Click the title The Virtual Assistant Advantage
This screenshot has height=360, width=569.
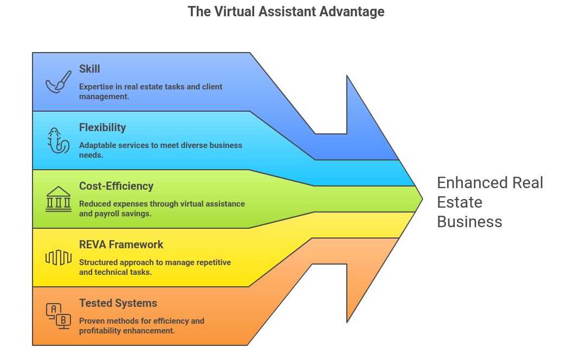pos(286,11)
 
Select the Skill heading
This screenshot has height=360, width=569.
pos(89,69)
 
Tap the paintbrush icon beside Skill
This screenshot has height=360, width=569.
pos(59,82)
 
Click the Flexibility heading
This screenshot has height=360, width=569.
pos(102,127)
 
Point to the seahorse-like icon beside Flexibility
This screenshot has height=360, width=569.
pos(58,140)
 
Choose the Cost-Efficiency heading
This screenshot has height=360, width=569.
pos(116,186)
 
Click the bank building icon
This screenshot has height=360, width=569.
pos(58,199)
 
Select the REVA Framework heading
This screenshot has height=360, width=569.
pos(121,245)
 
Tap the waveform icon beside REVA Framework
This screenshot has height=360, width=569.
pos(58,258)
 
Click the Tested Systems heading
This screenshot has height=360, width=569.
pos(118,303)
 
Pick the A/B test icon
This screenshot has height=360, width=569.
pos(58,316)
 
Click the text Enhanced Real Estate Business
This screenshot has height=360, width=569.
pos(489,202)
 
